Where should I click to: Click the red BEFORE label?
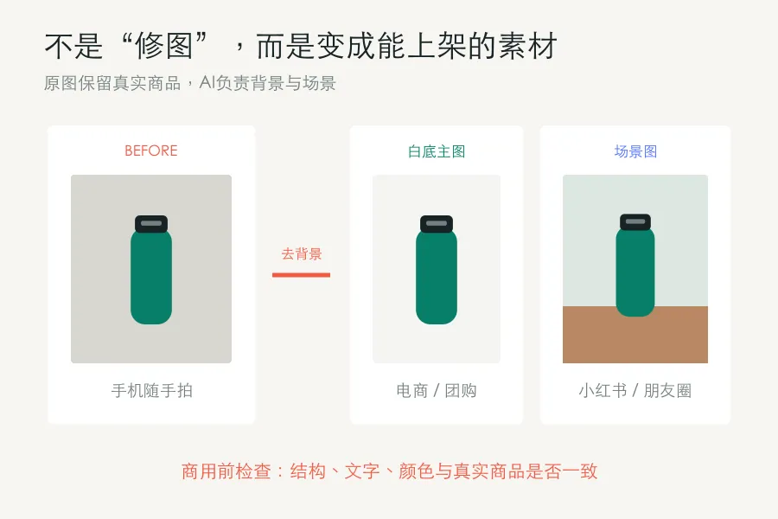click(150, 151)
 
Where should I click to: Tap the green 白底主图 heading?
click(437, 151)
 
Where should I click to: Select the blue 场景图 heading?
click(635, 151)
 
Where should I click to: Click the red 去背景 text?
click(302, 254)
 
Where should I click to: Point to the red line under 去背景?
click(301, 275)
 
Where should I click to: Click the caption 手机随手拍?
click(152, 391)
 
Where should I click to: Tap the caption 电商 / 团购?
click(437, 391)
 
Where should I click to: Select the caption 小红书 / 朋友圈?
click(635, 391)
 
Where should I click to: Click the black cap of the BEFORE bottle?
click(151, 223)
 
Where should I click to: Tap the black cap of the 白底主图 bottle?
click(437, 223)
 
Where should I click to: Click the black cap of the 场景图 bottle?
click(635, 221)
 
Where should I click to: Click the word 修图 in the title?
click(163, 46)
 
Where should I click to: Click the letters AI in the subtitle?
click(207, 82)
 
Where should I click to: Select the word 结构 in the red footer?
click(308, 471)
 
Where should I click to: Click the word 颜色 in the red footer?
click(417, 471)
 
